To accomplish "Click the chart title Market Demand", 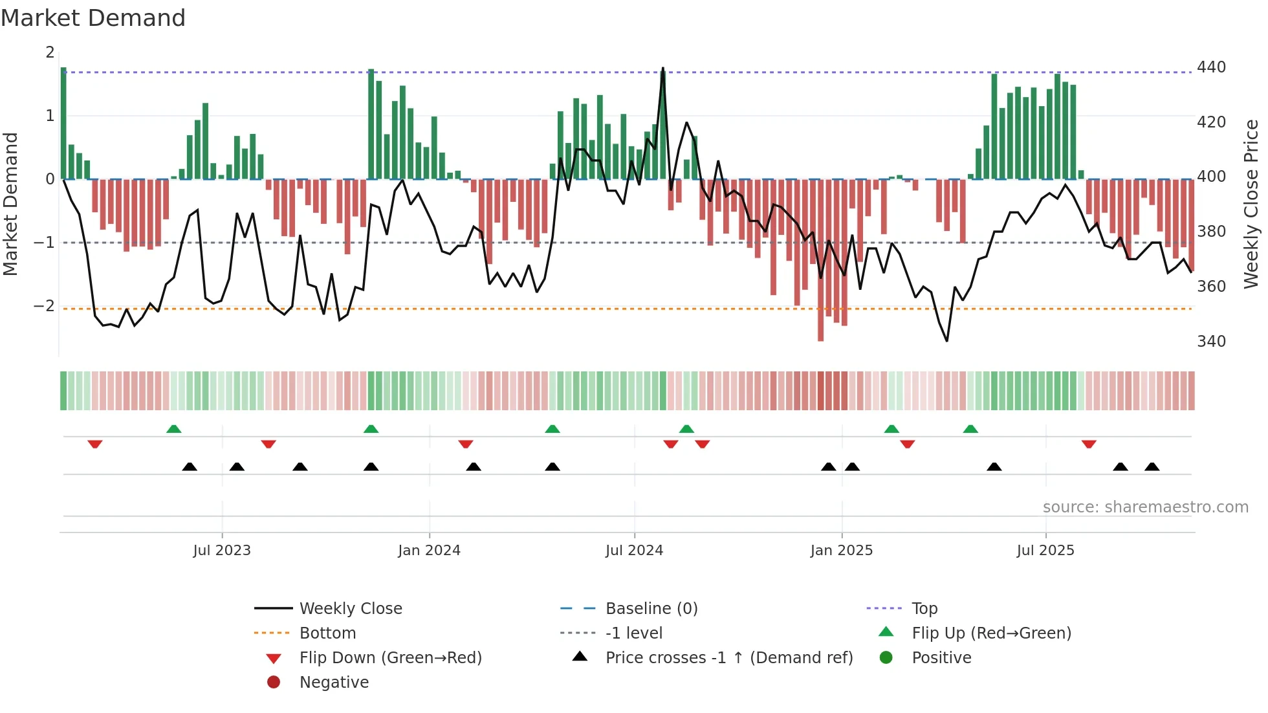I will pos(93,18).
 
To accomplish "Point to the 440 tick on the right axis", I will pos(1211,67).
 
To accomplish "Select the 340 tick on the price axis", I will pos(1211,342).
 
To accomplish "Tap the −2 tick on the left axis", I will pos(45,305).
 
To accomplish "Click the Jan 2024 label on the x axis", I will pos(429,551).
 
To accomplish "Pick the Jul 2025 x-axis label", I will pos(1045,551).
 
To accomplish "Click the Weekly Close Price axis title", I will pos(1251,204).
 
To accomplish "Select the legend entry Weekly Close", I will pos(350,609).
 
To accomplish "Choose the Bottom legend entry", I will pos(327,633).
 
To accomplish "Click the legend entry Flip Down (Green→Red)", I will pos(390,658).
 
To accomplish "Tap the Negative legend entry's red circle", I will pos(274,683).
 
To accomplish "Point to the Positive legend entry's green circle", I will pos(886,658).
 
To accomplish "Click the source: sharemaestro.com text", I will pos(1145,507).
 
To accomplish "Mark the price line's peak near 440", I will pos(662,69).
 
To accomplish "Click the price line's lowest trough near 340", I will pos(947,340).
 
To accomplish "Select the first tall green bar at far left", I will pos(63,123).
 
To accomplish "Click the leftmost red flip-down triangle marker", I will pos(95,444).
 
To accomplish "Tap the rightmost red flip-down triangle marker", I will pos(1089,444).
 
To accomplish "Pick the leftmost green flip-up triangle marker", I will pos(173,429).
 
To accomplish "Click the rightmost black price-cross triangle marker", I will pos(1152,466).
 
